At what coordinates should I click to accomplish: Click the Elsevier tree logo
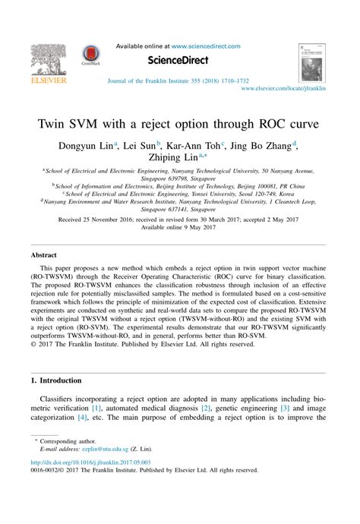48,59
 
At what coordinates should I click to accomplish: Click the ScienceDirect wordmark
181,61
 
